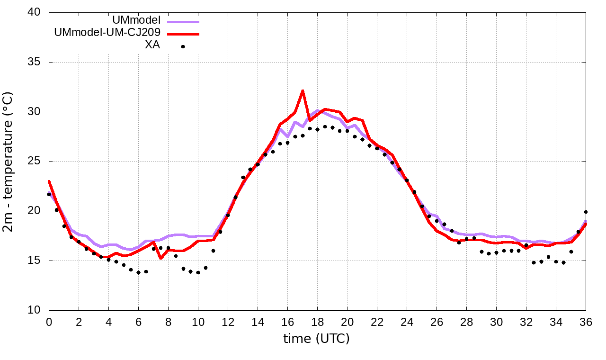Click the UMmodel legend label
[136, 20]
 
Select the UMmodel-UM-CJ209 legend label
[107, 33]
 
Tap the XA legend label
[152, 45]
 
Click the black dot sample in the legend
[183, 46]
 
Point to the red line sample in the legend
[183, 34]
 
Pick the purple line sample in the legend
[183, 21]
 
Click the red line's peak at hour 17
[303, 90]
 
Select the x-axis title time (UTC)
[316, 339]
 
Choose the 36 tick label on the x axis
[586, 322]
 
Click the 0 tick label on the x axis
[49, 322]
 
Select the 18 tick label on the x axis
[317, 322]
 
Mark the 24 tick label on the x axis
[407, 322]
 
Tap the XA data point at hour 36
[586, 212]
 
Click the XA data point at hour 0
[49, 194]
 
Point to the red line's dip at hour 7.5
[161, 258]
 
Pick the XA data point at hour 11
[213, 251]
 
